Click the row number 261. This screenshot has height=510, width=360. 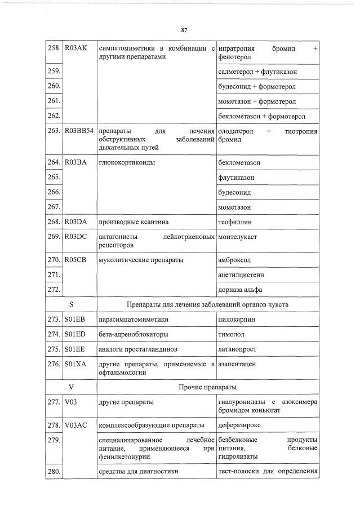[54, 101]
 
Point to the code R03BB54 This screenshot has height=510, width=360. [79, 131]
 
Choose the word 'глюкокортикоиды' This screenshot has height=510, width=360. [127, 162]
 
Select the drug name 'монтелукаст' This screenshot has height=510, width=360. [237, 237]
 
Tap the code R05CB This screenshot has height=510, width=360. [75, 260]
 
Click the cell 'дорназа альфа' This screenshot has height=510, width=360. [240, 290]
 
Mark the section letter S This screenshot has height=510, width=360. [72, 305]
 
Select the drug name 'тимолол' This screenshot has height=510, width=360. [231, 334]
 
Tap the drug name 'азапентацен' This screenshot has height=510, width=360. [237, 364]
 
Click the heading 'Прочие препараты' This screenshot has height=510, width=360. [207, 387]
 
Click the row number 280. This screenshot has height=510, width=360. [54, 471]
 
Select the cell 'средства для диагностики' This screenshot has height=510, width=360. [138, 471]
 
